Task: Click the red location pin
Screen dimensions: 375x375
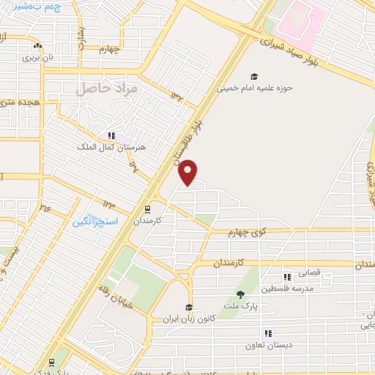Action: pos(189,173)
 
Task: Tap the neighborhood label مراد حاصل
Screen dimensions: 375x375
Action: pos(107,89)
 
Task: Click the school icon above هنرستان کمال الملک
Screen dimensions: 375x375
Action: pos(111,135)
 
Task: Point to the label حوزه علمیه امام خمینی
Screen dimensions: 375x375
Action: pos(254,88)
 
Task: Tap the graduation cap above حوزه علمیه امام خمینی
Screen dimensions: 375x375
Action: pos(254,76)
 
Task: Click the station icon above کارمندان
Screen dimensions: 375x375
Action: pos(147,208)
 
